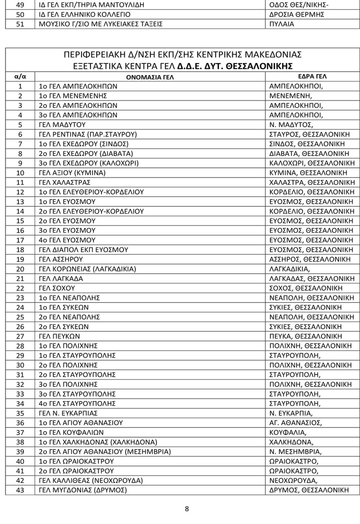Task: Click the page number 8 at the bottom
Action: pyautogui.click(x=187, y=510)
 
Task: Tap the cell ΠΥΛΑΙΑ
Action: pyautogui.click(x=282, y=24)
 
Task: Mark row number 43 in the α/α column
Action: pyautogui.click(x=20, y=490)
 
